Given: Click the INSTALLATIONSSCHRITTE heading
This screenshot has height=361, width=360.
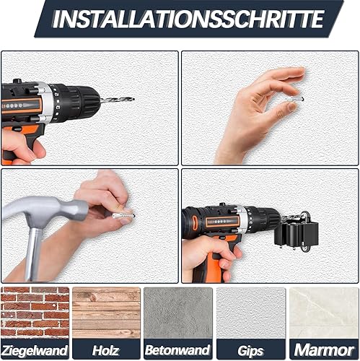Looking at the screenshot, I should point(189,19).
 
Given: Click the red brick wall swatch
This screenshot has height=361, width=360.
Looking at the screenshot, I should point(35,313).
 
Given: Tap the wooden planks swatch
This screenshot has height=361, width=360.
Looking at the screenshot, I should point(107,313).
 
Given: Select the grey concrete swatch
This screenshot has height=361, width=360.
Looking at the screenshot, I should point(179,313).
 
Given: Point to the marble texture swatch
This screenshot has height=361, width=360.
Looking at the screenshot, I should point(323,313).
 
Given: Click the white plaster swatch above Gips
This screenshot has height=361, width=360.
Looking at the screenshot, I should point(250,313).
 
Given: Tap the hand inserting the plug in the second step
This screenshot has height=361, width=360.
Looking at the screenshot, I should point(256,108).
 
